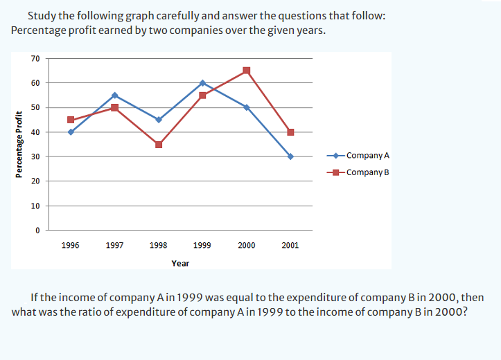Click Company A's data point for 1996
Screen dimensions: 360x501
click(x=71, y=132)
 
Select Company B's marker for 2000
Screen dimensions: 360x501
click(x=247, y=71)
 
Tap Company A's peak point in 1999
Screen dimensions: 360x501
click(x=202, y=83)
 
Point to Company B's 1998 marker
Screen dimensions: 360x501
click(x=159, y=145)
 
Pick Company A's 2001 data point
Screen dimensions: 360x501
click(x=290, y=156)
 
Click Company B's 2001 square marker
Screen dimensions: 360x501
click(x=290, y=132)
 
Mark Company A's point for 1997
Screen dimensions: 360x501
click(x=114, y=95)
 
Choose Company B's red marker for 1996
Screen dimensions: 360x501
click(x=71, y=120)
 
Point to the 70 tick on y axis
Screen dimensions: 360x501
click(x=35, y=58)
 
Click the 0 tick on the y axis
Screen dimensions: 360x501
click(x=37, y=231)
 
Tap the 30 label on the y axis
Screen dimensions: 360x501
click(x=35, y=156)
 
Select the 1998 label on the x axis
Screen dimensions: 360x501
click(x=158, y=245)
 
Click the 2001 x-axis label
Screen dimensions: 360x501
click(x=290, y=245)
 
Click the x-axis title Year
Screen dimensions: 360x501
click(x=180, y=263)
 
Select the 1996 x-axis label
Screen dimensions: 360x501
click(x=70, y=245)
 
